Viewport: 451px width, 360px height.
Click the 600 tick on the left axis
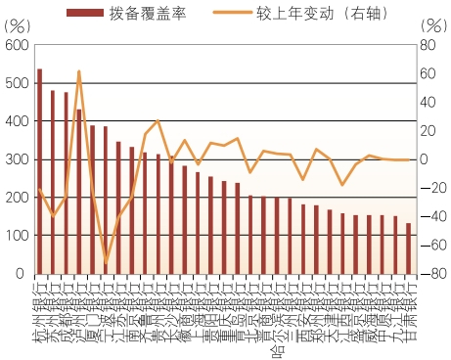pyautogui.click(x=15, y=46)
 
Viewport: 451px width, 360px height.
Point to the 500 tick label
pyautogui.click(x=15, y=84)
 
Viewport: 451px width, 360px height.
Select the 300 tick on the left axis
pyautogui.click(x=15, y=159)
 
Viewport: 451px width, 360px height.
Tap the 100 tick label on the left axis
pyautogui.click(x=15, y=236)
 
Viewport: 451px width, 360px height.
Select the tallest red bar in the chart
pyautogui.click(x=40, y=171)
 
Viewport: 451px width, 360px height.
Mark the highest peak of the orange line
pyautogui.click(x=79, y=71)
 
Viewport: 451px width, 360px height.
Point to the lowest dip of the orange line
pyautogui.click(x=106, y=262)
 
